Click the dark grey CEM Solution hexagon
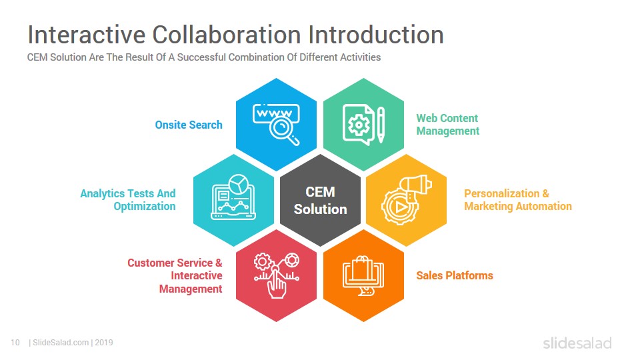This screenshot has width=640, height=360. pyautogui.click(x=320, y=200)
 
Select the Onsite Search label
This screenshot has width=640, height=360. pyautogui.click(x=189, y=125)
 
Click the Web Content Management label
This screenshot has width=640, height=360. pyautogui.click(x=448, y=125)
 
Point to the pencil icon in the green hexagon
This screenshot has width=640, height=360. pyautogui.click(x=381, y=125)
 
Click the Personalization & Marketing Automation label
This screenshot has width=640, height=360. pyautogui.click(x=518, y=200)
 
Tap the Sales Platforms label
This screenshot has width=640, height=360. pyautogui.click(x=455, y=275)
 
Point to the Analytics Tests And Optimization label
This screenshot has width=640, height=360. pyautogui.click(x=128, y=200)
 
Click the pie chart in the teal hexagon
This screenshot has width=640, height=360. pyautogui.click(x=239, y=184)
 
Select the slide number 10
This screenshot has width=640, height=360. pyautogui.click(x=15, y=343)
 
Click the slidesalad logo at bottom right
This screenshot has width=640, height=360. pyautogui.click(x=577, y=343)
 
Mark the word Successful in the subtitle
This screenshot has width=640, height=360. pyautogui.click(x=201, y=57)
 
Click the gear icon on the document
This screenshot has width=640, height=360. pyautogui.click(x=359, y=125)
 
